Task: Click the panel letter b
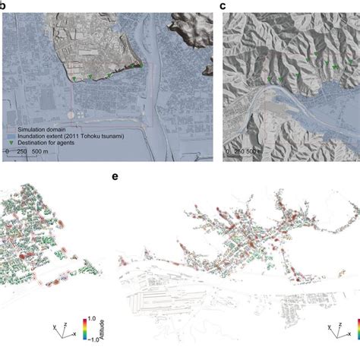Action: coord(3,5)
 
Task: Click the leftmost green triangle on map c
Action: coord(270,78)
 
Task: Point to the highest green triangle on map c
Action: coord(310,54)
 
